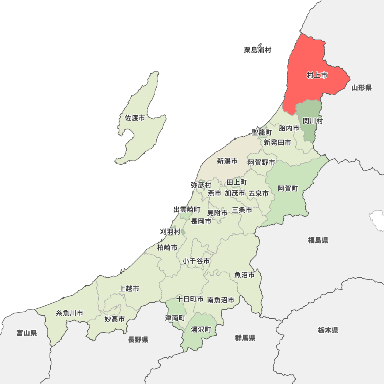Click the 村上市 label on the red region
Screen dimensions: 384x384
(317, 75)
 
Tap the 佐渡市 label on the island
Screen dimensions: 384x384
(135, 118)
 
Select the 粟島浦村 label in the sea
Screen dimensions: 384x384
(257, 50)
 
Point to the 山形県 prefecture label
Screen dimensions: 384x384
(361, 88)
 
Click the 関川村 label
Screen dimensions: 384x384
(313, 121)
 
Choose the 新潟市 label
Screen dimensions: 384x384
(227, 161)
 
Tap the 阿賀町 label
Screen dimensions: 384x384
(288, 188)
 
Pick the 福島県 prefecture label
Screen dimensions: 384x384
(318, 240)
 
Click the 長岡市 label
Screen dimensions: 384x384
(201, 221)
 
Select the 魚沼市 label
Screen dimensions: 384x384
(245, 275)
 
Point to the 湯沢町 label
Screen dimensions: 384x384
(201, 329)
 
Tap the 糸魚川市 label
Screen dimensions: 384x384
(70, 313)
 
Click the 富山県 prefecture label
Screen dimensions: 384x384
(26, 333)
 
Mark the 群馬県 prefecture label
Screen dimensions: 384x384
(245, 338)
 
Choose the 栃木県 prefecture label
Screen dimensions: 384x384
(328, 330)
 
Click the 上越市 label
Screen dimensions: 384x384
(129, 288)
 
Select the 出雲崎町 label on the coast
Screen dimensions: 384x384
(187, 210)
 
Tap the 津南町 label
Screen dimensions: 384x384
(175, 318)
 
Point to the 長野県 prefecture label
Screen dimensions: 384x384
(138, 339)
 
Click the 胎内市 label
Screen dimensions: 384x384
(289, 128)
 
